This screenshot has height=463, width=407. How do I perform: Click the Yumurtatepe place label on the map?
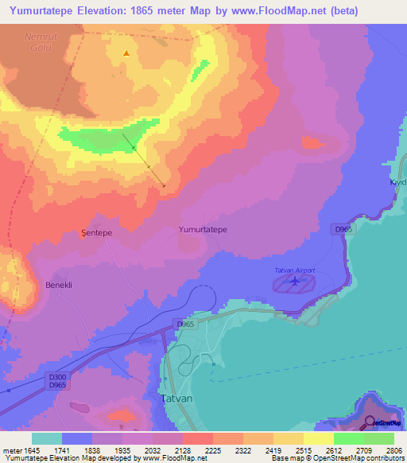point(203,229)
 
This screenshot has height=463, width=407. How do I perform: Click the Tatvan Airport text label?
point(295,270)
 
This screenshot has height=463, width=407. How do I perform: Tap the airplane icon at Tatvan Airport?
point(295,281)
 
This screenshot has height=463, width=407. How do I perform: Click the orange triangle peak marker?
point(126,54)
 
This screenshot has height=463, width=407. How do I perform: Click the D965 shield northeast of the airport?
point(343,229)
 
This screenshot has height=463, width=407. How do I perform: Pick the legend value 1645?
point(33,450)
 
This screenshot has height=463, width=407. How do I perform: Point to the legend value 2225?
point(212,450)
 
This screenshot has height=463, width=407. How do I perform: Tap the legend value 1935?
point(122,450)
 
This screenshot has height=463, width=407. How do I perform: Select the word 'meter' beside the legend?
point(12,450)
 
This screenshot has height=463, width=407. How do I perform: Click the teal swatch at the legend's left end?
point(47,438)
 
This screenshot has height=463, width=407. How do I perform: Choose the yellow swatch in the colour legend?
point(318,438)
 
